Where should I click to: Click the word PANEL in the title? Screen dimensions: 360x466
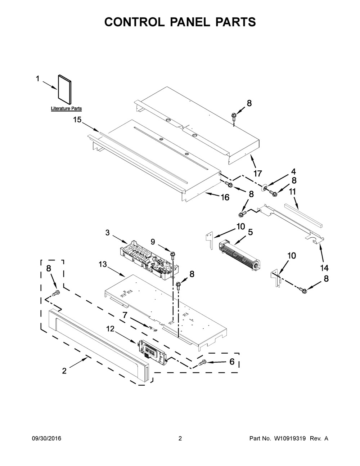pyautogui.click(x=190, y=22)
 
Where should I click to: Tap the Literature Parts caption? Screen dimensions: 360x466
pyautogui.click(x=66, y=108)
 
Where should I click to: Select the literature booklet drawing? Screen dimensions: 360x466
pyautogui.click(x=65, y=90)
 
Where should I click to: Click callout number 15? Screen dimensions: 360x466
pyautogui.click(x=77, y=120)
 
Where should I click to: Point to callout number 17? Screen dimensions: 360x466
pyautogui.click(x=257, y=173)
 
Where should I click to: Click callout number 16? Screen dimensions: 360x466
pyautogui.click(x=225, y=197)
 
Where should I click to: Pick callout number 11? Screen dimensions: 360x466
pyautogui.click(x=292, y=192)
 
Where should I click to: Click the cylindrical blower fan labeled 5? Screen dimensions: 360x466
pyautogui.click(x=239, y=256)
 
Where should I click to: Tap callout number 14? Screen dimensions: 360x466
pyautogui.click(x=324, y=268)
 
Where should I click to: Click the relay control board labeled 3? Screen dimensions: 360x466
pyautogui.click(x=150, y=260)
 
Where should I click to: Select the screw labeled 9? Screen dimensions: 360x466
pyautogui.click(x=172, y=255)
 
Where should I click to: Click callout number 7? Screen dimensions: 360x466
pyautogui.click(x=125, y=315)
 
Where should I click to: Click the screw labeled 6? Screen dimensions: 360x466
pyautogui.click(x=202, y=362)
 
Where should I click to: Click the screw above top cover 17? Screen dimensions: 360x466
pyautogui.click(x=234, y=116)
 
